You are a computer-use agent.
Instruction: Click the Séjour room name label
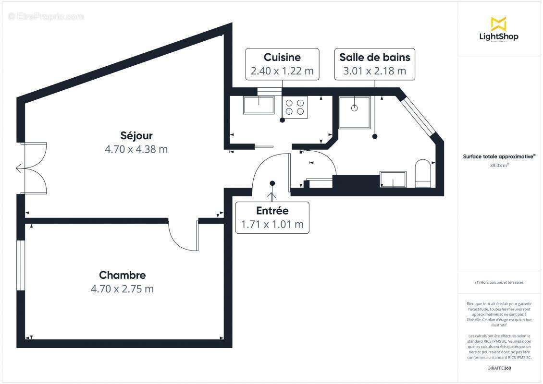pyautogui.click(x=136, y=136)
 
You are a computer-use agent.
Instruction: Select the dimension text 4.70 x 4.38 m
pyautogui.click(x=136, y=149)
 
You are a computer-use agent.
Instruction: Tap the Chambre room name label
pyautogui.click(x=122, y=275)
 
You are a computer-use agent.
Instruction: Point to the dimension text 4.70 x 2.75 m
pyautogui.click(x=122, y=289)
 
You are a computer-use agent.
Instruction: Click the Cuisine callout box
pyautogui.click(x=282, y=64)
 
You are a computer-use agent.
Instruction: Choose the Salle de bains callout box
pyautogui.click(x=374, y=64)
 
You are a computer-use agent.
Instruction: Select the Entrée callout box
pyautogui.click(x=272, y=217)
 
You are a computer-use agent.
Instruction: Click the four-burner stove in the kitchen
pyautogui.click(x=295, y=107)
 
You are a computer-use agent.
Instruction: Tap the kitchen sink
pyautogui.click(x=259, y=105)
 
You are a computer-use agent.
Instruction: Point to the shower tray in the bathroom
pyautogui.click(x=355, y=112)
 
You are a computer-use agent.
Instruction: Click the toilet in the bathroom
pyautogui.click(x=423, y=173)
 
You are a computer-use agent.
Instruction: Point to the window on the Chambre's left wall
pyautogui.click(x=20, y=265)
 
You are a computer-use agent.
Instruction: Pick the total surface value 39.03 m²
pyautogui.click(x=499, y=165)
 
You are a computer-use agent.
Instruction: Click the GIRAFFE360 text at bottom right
pyautogui.click(x=499, y=368)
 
